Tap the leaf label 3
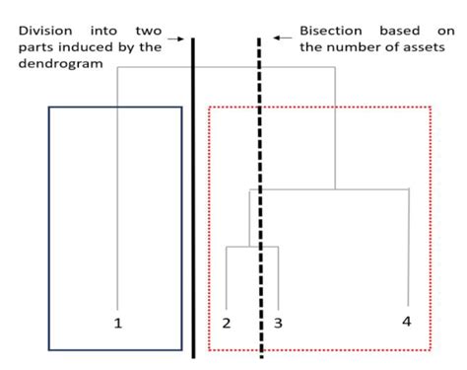click(x=279, y=323)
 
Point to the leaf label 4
click(x=408, y=321)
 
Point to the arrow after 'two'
click(x=175, y=39)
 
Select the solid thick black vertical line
click(x=193, y=197)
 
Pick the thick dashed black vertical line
click(x=260, y=197)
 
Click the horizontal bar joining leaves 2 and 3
click(x=253, y=247)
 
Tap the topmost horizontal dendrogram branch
click(x=227, y=67)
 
